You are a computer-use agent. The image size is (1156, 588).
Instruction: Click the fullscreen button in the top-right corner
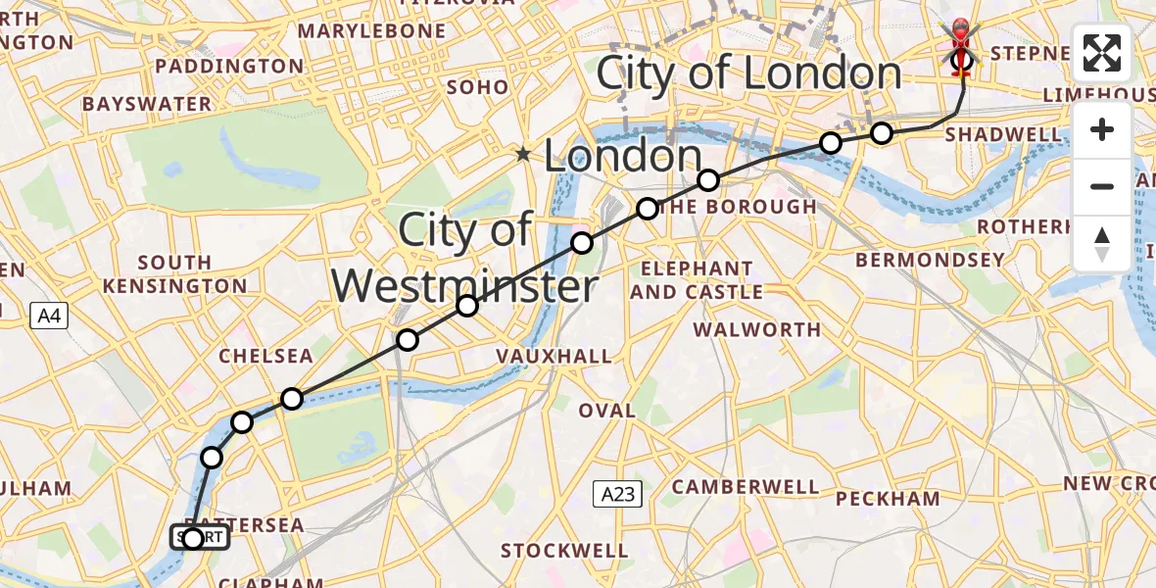click(x=1102, y=53)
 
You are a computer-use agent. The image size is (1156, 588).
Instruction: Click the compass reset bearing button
click(x=1102, y=244)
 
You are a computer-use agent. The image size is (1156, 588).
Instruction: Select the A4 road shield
click(x=48, y=316)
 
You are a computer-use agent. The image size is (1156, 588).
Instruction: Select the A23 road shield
click(x=618, y=495)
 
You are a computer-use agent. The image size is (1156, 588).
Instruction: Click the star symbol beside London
click(x=525, y=154)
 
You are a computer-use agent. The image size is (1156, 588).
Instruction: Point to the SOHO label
click(x=477, y=87)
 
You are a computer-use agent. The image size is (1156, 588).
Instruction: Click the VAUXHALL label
click(x=555, y=356)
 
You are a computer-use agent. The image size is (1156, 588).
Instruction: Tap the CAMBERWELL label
click(x=746, y=486)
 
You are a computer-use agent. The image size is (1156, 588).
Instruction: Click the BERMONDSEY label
click(x=930, y=260)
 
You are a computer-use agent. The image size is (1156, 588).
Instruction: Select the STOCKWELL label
click(x=563, y=551)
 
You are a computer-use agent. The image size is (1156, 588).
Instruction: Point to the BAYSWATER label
click(x=143, y=103)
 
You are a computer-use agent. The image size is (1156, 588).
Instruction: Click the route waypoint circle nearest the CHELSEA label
click(x=292, y=398)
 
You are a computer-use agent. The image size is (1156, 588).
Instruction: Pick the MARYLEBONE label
click(x=371, y=31)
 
